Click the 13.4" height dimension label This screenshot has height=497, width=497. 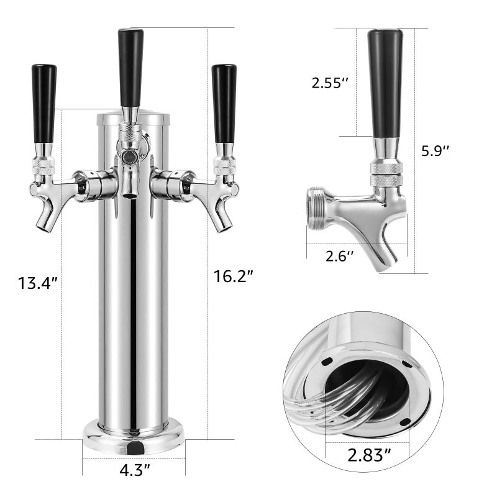(38, 283)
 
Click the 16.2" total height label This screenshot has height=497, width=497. (234, 276)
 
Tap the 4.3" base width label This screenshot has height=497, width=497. (134, 470)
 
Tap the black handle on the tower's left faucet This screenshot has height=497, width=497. (44, 103)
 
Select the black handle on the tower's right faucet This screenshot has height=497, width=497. (224, 103)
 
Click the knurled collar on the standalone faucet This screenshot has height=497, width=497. (386, 173)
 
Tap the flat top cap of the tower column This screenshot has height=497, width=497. (134, 116)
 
